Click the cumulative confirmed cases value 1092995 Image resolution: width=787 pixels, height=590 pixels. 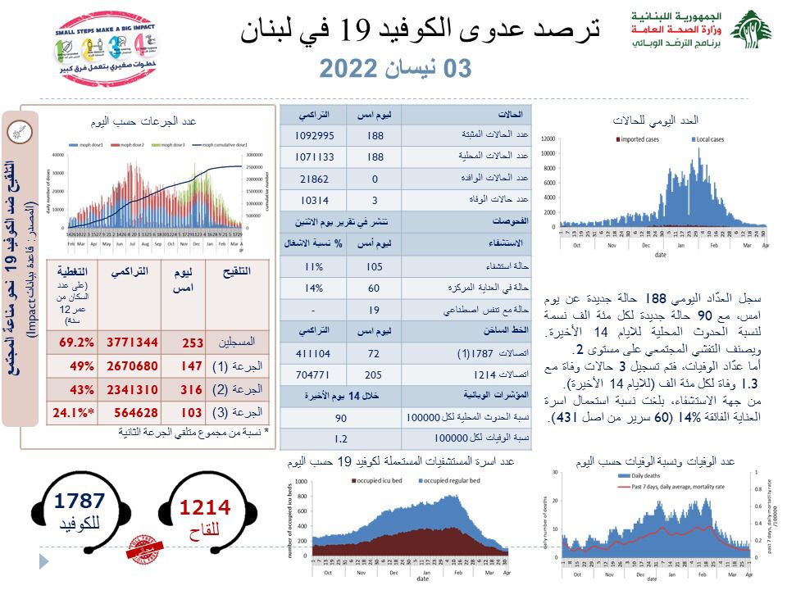coord(313,136)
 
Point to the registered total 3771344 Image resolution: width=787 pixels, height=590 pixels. coord(130,343)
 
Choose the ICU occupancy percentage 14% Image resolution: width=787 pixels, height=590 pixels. coord(313,289)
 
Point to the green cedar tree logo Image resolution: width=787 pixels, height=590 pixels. coord(750,31)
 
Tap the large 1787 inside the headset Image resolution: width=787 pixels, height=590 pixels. coord(80,501)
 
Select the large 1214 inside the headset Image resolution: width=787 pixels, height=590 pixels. coord(205,508)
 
